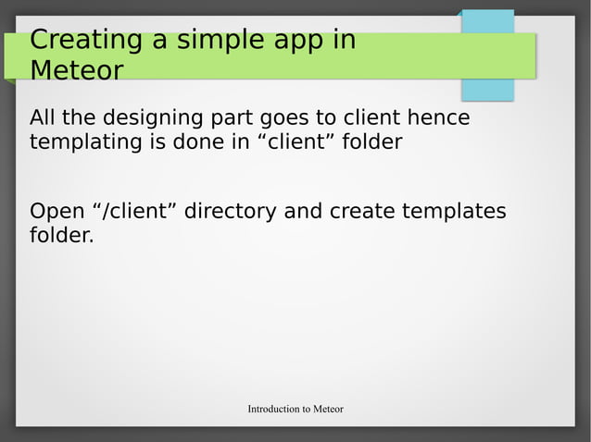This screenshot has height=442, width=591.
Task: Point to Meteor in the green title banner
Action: [x=76, y=70]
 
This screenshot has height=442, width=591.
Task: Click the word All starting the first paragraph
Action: [x=44, y=118]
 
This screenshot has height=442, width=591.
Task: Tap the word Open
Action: [x=57, y=213]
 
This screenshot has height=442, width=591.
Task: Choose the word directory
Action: [x=230, y=213]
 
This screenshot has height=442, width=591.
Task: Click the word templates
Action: [x=453, y=213]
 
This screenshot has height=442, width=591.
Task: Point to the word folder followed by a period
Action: [x=61, y=236]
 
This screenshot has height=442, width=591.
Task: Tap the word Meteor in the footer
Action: [x=328, y=409]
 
